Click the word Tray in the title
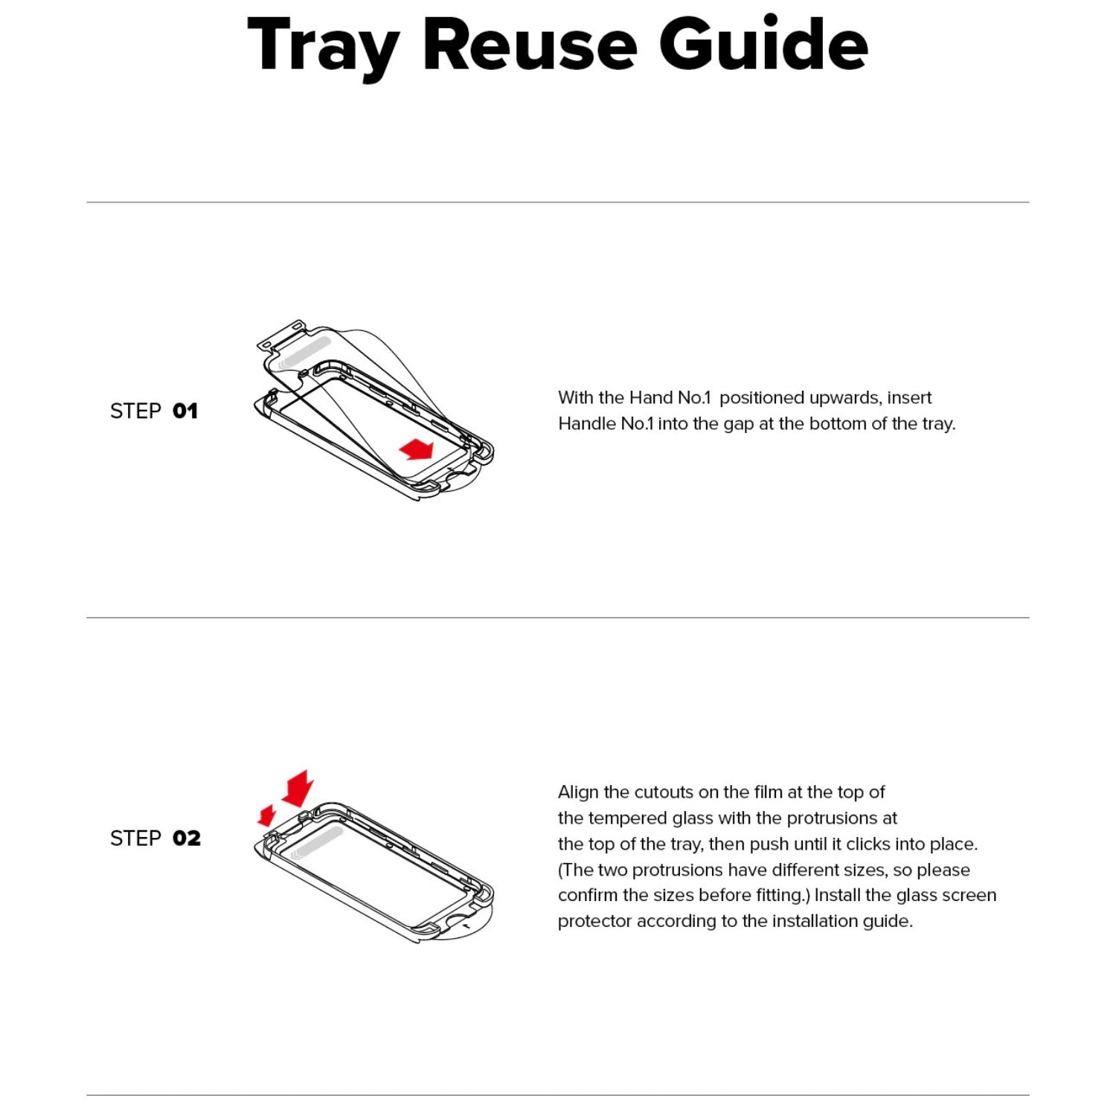(x=323, y=47)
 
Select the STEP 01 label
(x=154, y=411)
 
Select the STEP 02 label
(x=155, y=838)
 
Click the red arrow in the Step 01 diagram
(x=416, y=449)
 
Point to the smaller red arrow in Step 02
(x=266, y=815)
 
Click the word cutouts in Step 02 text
(x=664, y=792)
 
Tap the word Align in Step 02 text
(x=579, y=793)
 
